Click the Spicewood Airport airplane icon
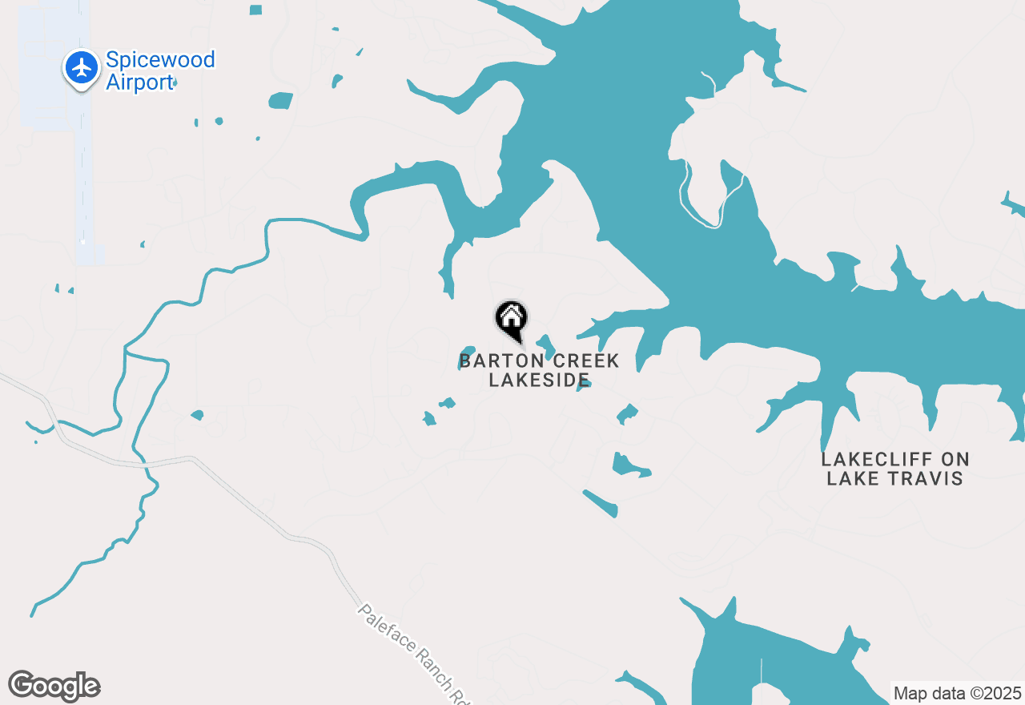click(82, 68)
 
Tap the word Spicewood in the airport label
click(160, 60)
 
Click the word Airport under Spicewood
click(139, 83)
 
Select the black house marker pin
click(511, 320)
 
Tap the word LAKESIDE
click(539, 380)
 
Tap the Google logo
click(54, 687)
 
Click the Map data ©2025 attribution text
click(957, 693)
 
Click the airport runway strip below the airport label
click(82, 184)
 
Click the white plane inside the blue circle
click(82, 67)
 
